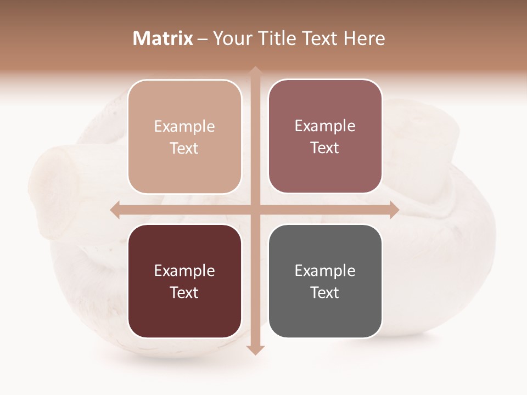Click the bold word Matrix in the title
[163, 38]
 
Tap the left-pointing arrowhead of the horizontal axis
[115, 210]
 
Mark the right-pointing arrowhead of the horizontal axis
[394, 210]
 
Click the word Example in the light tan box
[184, 127]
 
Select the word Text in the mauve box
[325, 148]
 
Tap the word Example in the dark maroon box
[184, 271]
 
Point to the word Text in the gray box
[325, 292]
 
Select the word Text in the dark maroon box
[184, 292]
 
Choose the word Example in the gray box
[325, 271]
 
